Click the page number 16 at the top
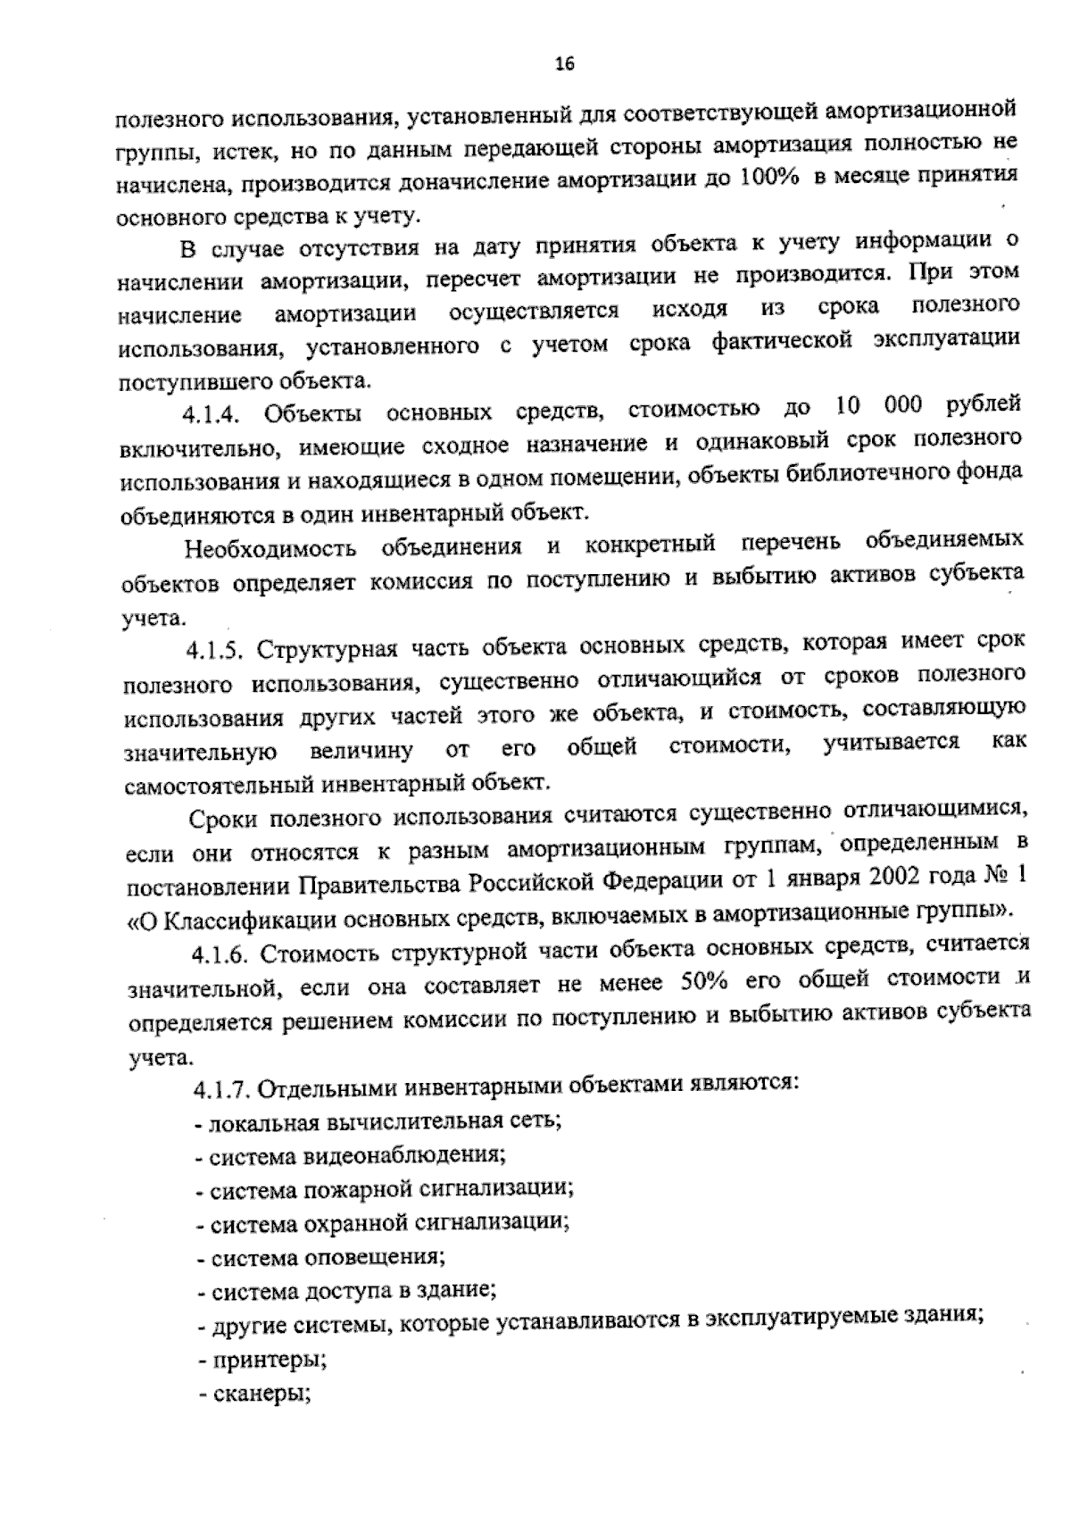coord(564,62)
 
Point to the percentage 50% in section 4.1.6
coord(706,984)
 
